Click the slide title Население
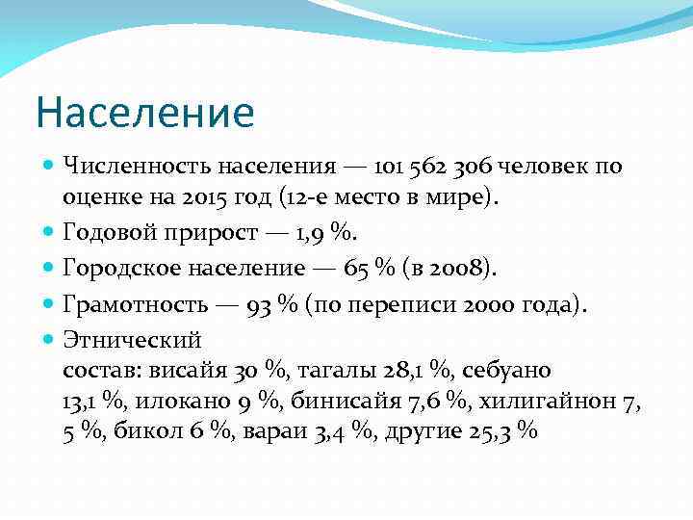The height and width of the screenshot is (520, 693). pyautogui.click(x=145, y=112)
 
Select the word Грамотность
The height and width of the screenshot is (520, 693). pyautogui.click(x=133, y=305)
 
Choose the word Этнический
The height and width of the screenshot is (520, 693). pyautogui.click(x=131, y=340)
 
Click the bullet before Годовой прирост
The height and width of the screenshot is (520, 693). pyautogui.click(x=50, y=232)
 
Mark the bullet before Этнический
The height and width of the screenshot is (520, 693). pyautogui.click(x=50, y=339)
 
